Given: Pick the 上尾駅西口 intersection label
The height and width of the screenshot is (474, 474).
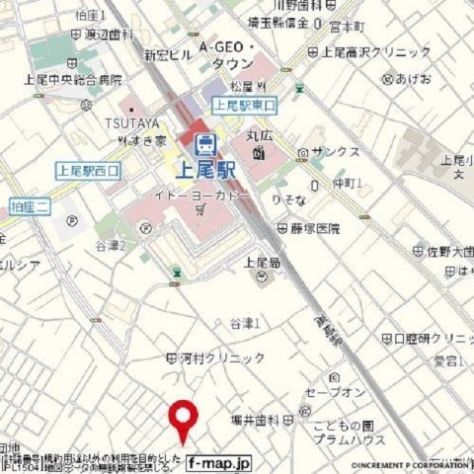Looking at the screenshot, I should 88,170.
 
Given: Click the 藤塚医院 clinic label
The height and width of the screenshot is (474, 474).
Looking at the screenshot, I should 314,228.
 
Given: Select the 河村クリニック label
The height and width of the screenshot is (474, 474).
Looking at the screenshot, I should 222,357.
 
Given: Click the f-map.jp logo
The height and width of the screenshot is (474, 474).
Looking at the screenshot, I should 219,461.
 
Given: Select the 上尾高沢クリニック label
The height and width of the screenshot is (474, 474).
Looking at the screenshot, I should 375,51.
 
